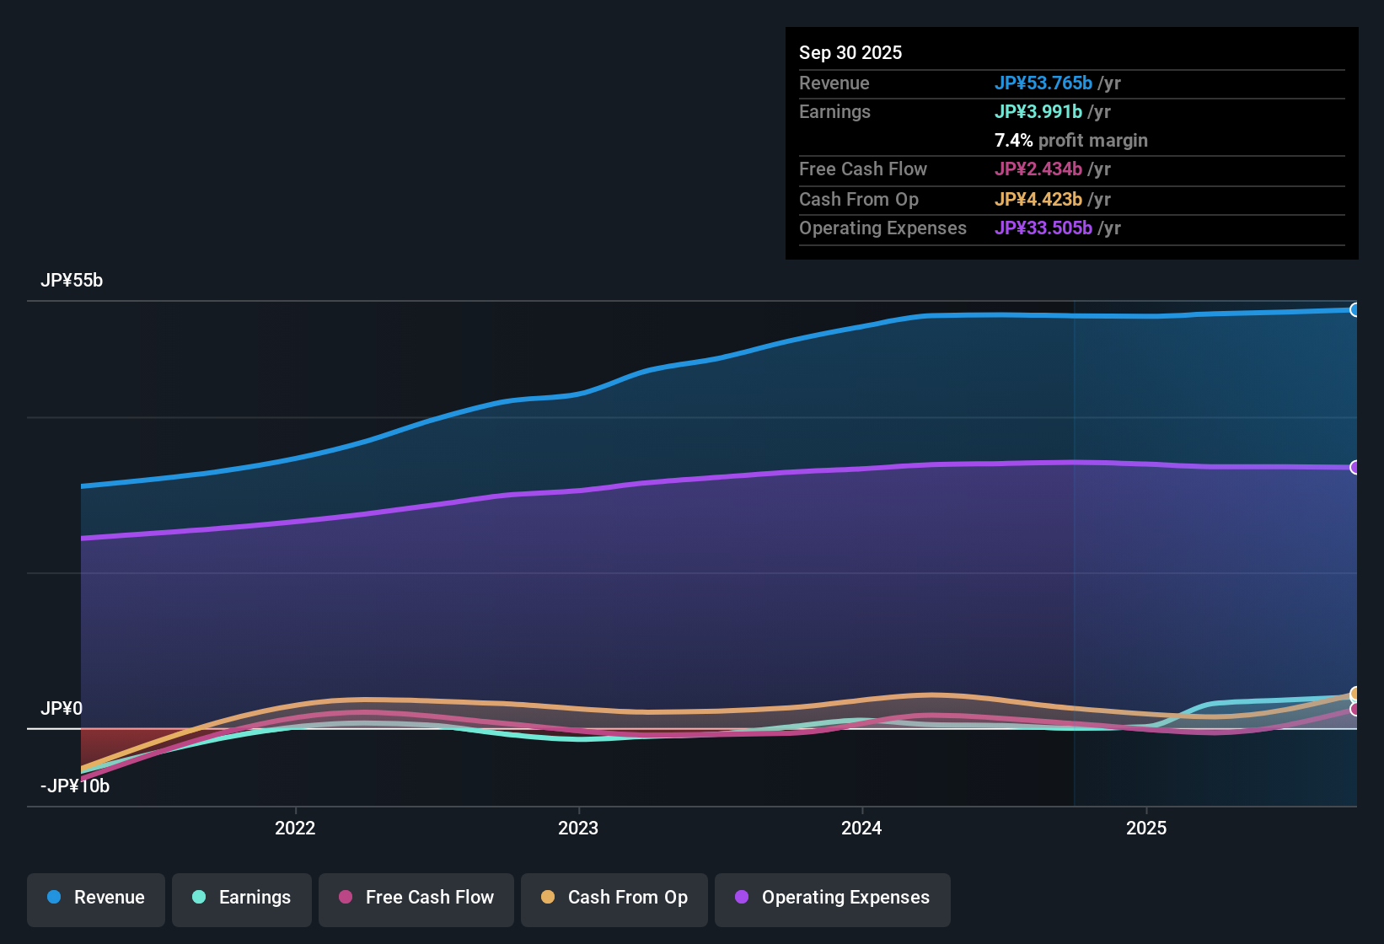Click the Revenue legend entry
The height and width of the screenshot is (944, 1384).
(x=96, y=898)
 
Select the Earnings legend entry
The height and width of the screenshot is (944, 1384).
(x=242, y=898)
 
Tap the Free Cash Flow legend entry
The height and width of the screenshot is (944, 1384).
(x=416, y=898)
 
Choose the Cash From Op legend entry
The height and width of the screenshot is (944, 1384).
(x=614, y=898)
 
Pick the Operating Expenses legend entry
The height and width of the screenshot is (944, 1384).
(x=833, y=898)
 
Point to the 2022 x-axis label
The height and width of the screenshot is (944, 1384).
(x=295, y=829)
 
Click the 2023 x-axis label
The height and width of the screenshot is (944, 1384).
(x=578, y=829)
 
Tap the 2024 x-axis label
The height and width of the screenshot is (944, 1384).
(x=861, y=829)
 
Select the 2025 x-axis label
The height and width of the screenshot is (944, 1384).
(x=1146, y=829)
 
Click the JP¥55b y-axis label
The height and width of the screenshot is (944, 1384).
(x=72, y=281)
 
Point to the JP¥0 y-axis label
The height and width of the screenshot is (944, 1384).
(x=62, y=709)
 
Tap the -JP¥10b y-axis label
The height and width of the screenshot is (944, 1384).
(x=75, y=786)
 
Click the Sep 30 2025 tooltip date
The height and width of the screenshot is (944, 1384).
(x=850, y=53)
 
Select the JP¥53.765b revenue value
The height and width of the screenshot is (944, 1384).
(x=1043, y=83)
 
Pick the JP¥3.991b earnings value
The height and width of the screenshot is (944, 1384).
(x=1038, y=112)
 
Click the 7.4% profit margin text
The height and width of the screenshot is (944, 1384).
(x=1070, y=141)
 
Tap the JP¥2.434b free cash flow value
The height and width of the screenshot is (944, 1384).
(x=1038, y=169)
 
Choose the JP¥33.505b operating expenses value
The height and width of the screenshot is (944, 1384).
(x=1043, y=228)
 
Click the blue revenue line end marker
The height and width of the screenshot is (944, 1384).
(x=1354, y=309)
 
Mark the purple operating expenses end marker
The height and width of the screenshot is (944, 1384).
(x=1354, y=467)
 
